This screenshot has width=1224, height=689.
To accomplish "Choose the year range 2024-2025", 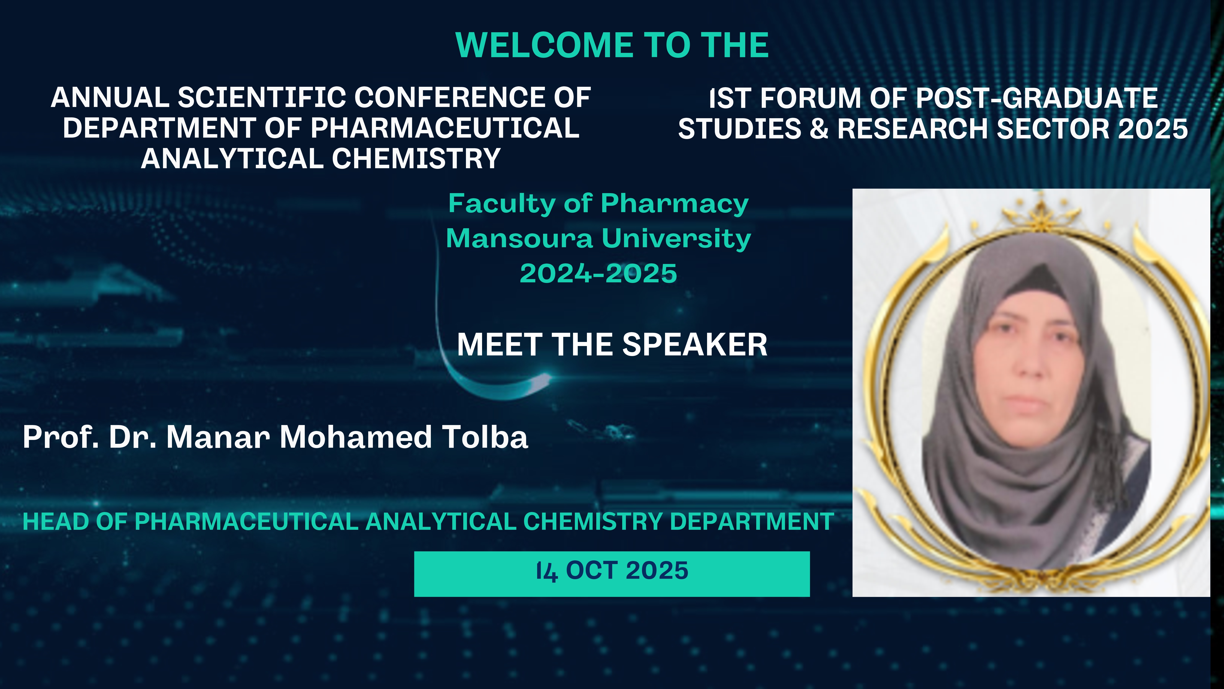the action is [x=598, y=273].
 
